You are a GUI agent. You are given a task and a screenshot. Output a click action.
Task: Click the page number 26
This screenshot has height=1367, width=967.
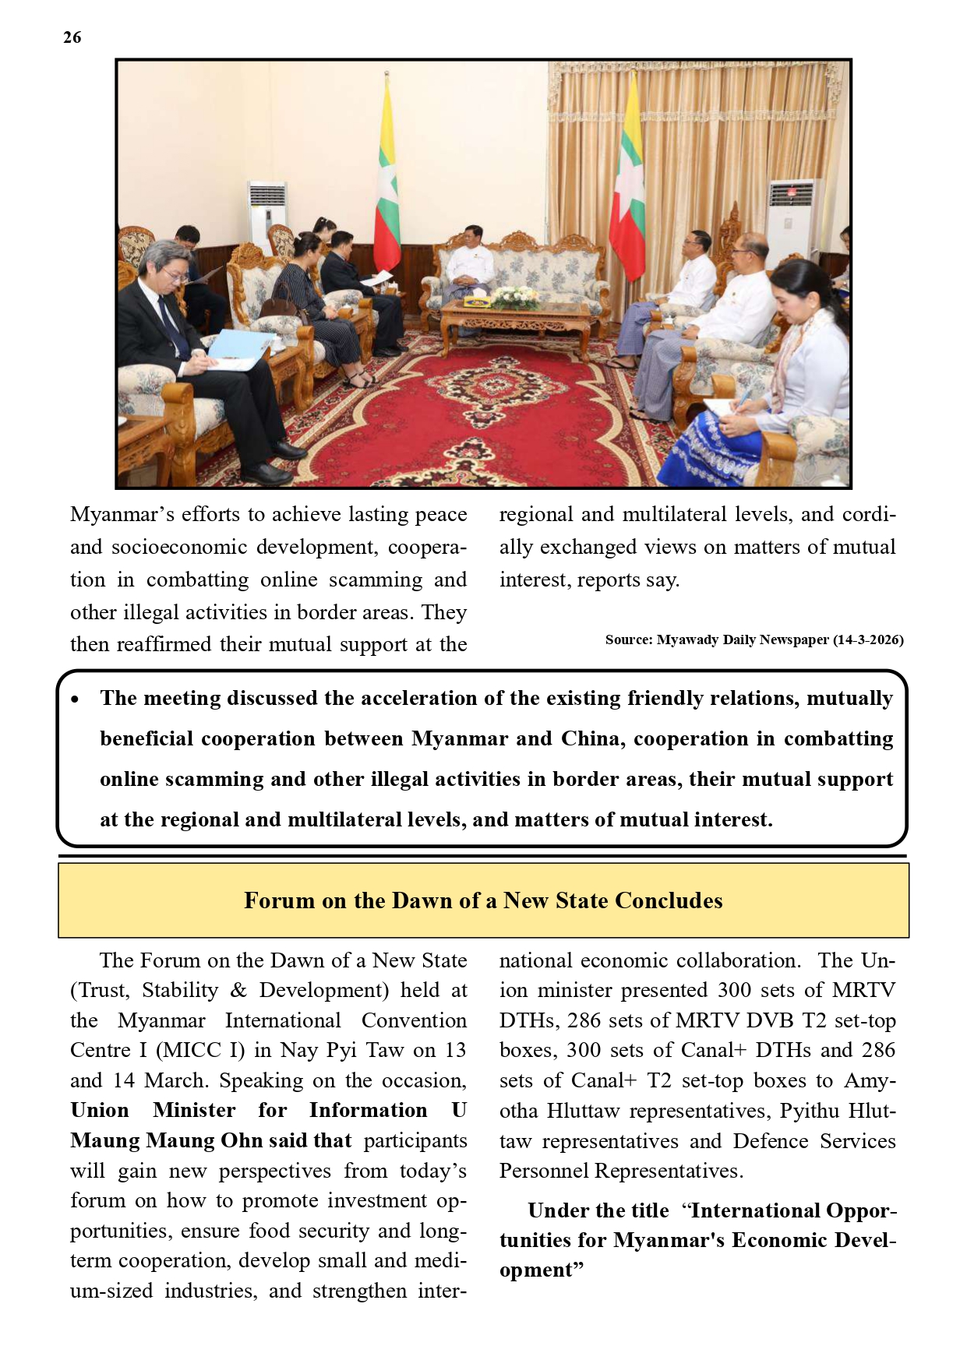[72, 37]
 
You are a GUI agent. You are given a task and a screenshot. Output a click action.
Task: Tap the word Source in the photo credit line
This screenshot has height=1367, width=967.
[628, 640]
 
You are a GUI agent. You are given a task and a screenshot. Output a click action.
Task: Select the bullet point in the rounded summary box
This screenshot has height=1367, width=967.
[75, 700]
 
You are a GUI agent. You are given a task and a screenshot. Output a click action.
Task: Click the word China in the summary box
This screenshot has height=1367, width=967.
[592, 738]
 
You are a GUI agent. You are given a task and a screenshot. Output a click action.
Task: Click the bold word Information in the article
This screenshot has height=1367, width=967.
[368, 1111]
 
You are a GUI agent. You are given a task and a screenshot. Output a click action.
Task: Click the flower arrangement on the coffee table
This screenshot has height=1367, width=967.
[515, 297]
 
